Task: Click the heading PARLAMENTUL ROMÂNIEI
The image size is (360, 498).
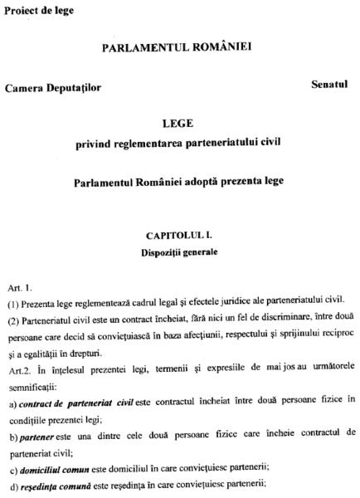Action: click(x=178, y=49)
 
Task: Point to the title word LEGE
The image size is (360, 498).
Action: click(x=178, y=122)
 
